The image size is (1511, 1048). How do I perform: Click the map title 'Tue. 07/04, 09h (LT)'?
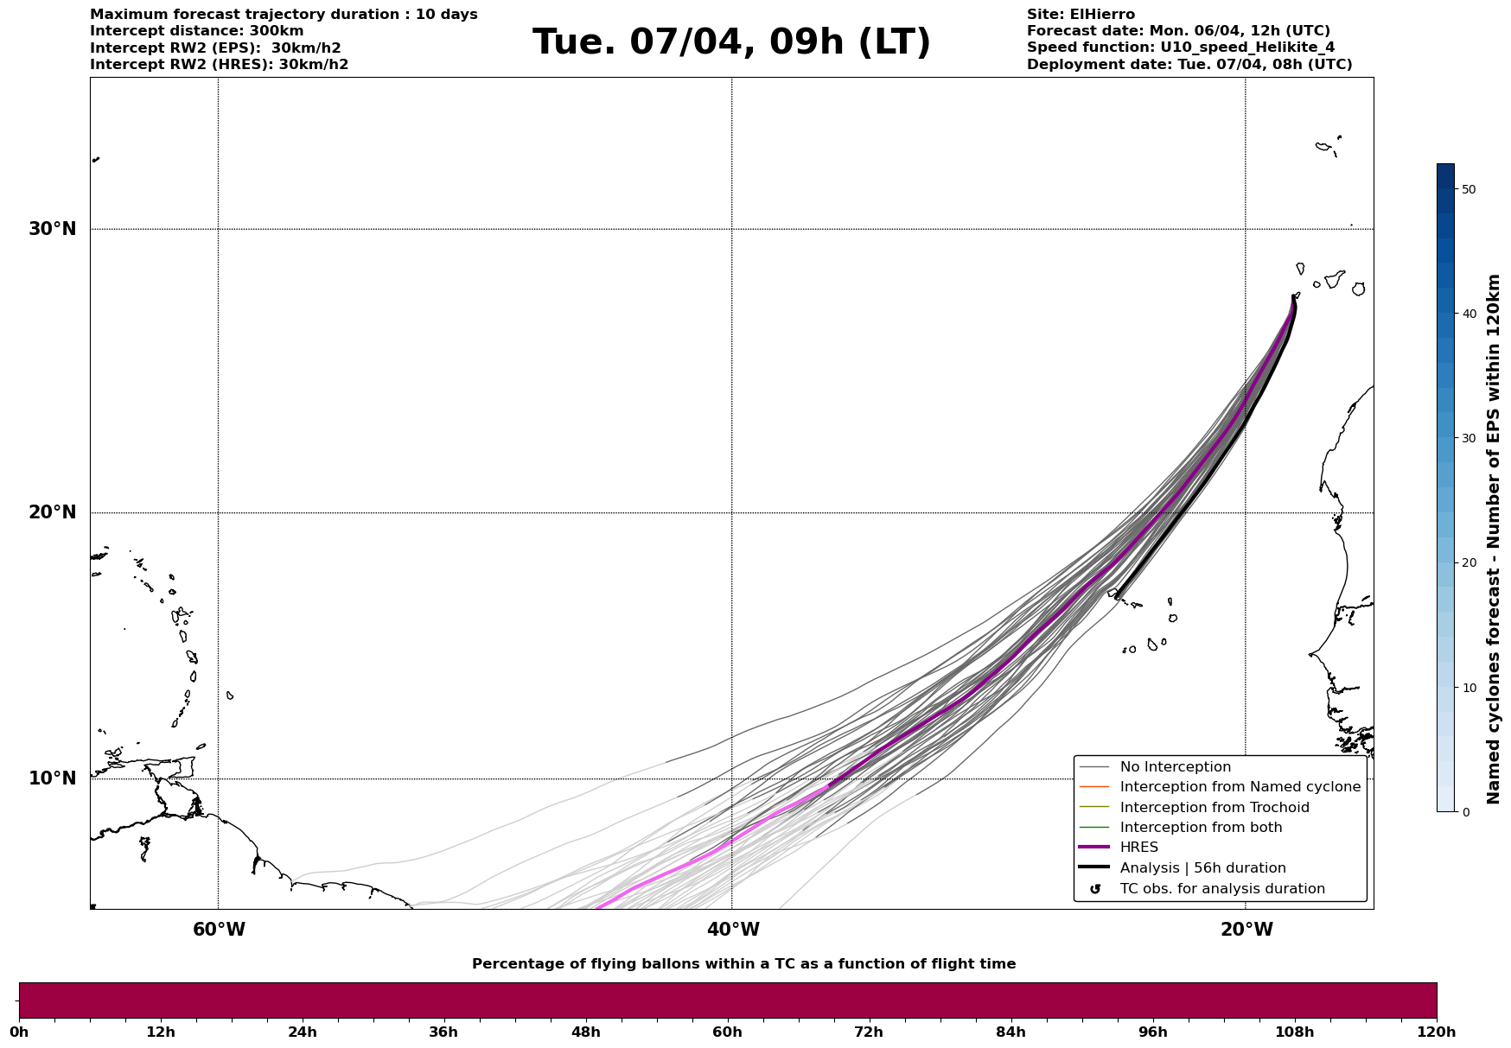click(x=731, y=42)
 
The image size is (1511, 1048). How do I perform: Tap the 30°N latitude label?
click(x=53, y=229)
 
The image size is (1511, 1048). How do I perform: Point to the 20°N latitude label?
click(x=53, y=512)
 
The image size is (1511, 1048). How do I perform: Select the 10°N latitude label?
click(x=53, y=778)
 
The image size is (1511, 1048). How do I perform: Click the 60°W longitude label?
click(x=219, y=930)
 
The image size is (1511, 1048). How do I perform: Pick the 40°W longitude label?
click(x=733, y=930)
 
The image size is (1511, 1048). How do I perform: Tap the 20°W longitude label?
click(x=1246, y=930)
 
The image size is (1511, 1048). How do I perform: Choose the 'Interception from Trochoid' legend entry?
click(x=1194, y=808)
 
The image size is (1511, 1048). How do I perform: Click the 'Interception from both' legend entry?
click(x=1181, y=828)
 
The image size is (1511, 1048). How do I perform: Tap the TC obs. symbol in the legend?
click(x=1095, y=889)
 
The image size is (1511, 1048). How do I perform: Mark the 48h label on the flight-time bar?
click(x=585, y=1032)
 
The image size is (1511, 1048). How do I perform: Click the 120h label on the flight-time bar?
click(x=1437, y=1032)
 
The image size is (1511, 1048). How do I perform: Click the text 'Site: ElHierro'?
click(x=1081, y=15)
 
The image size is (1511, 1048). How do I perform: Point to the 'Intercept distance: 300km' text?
click(x=197, y=31)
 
